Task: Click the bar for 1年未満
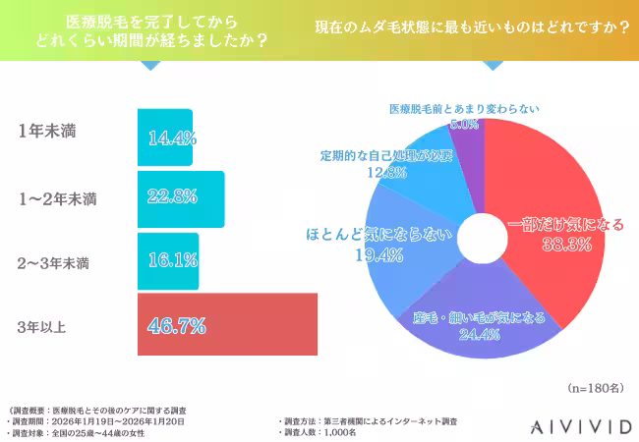click(x=165, y=138)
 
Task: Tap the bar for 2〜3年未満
click(x=168, y=262)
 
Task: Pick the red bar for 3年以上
click(x=227, y=324)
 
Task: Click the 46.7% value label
click(x=176, y=323)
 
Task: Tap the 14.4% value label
click(x=168, y=138)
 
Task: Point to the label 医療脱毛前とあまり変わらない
click(x=464, y=109)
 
